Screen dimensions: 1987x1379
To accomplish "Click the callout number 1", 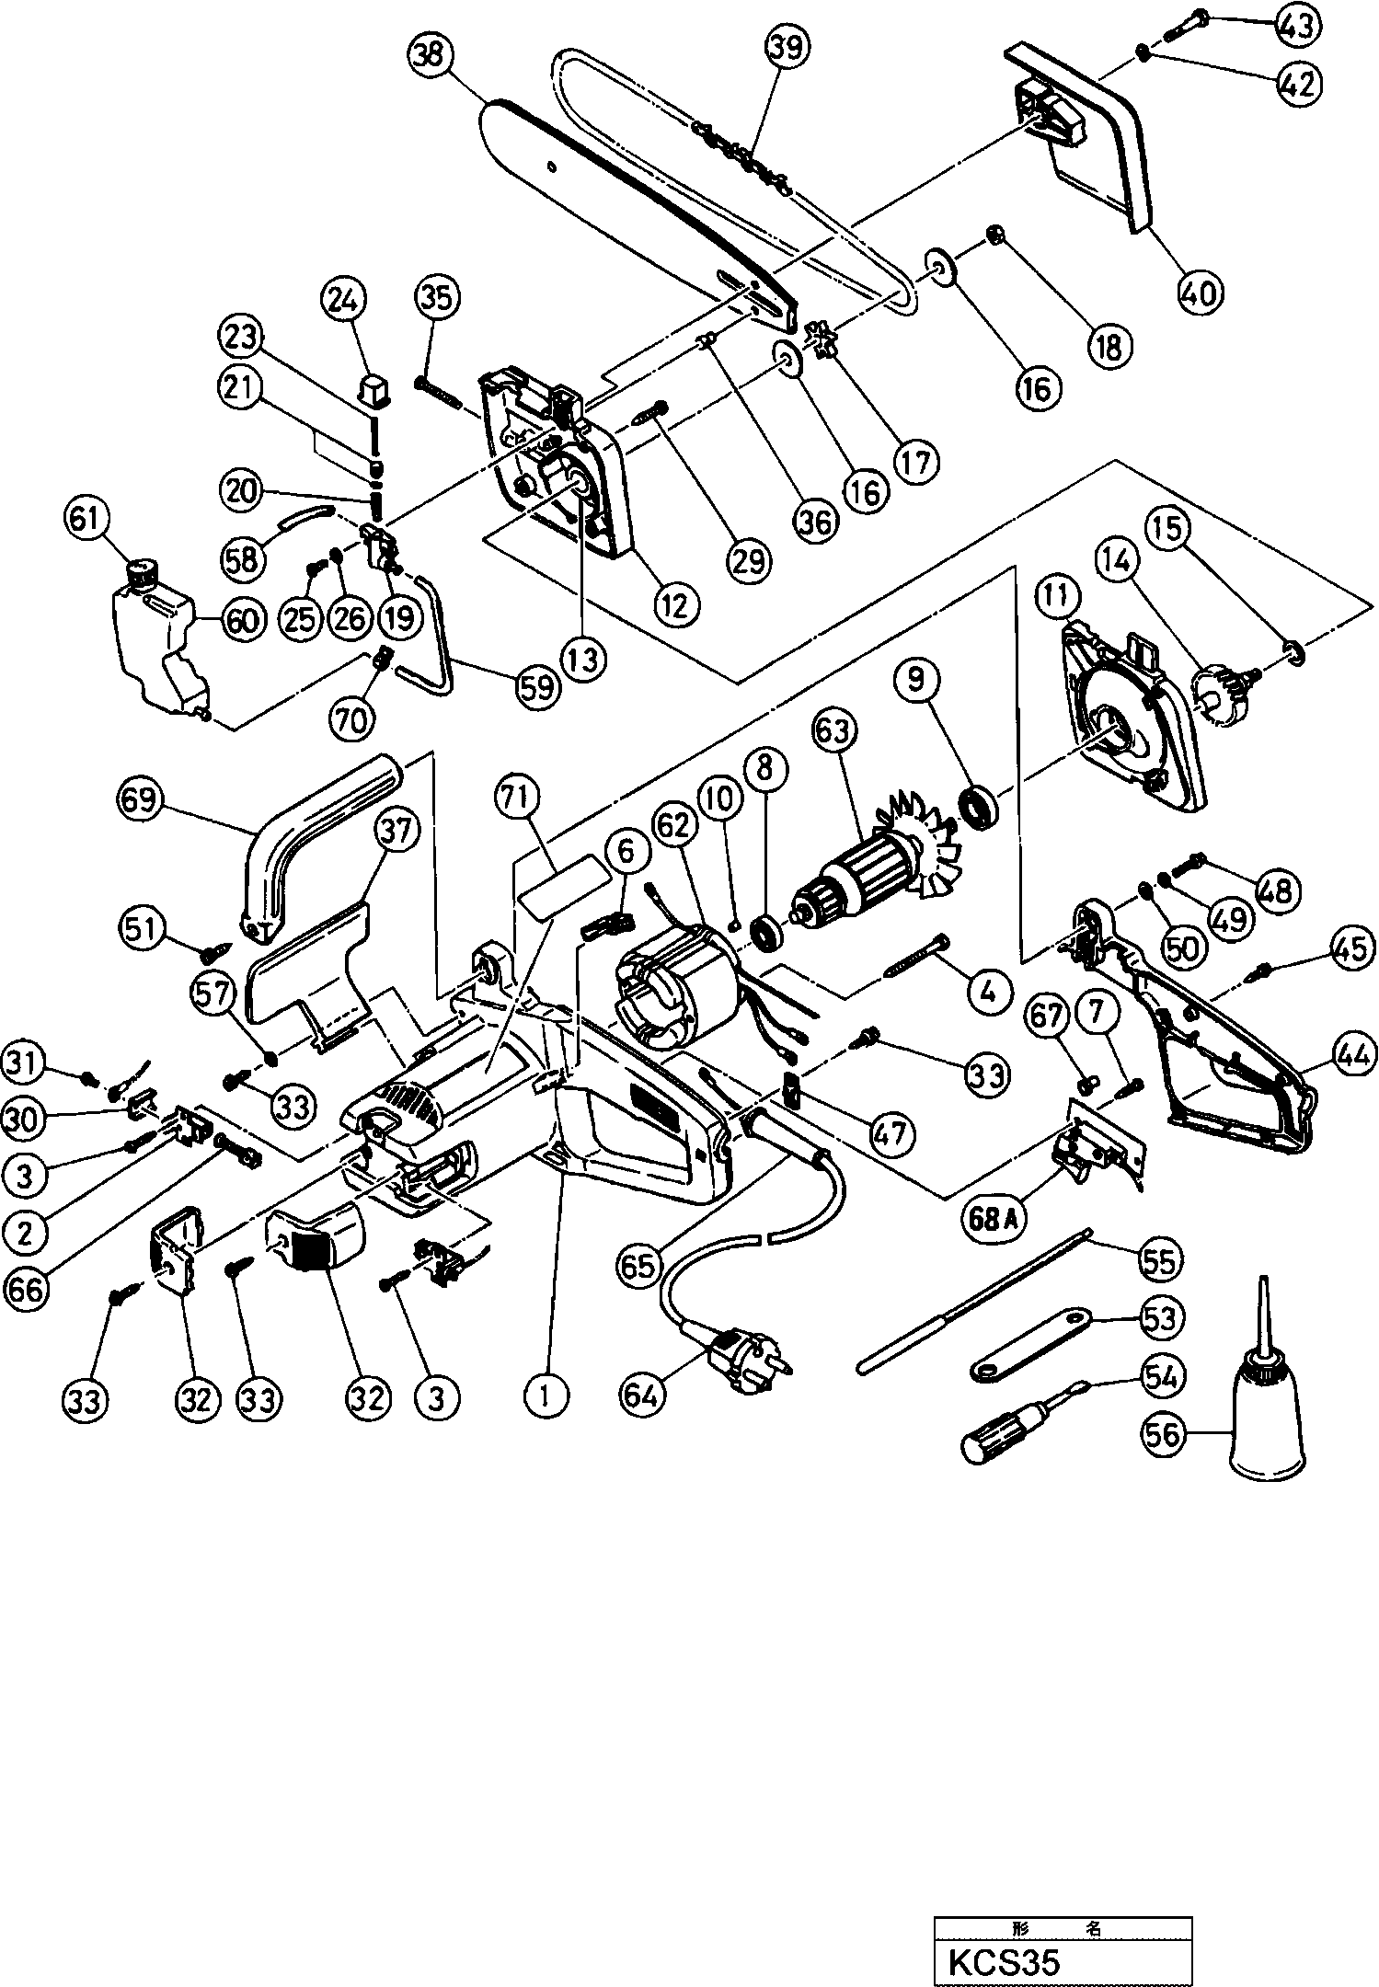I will point(547,1395).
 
